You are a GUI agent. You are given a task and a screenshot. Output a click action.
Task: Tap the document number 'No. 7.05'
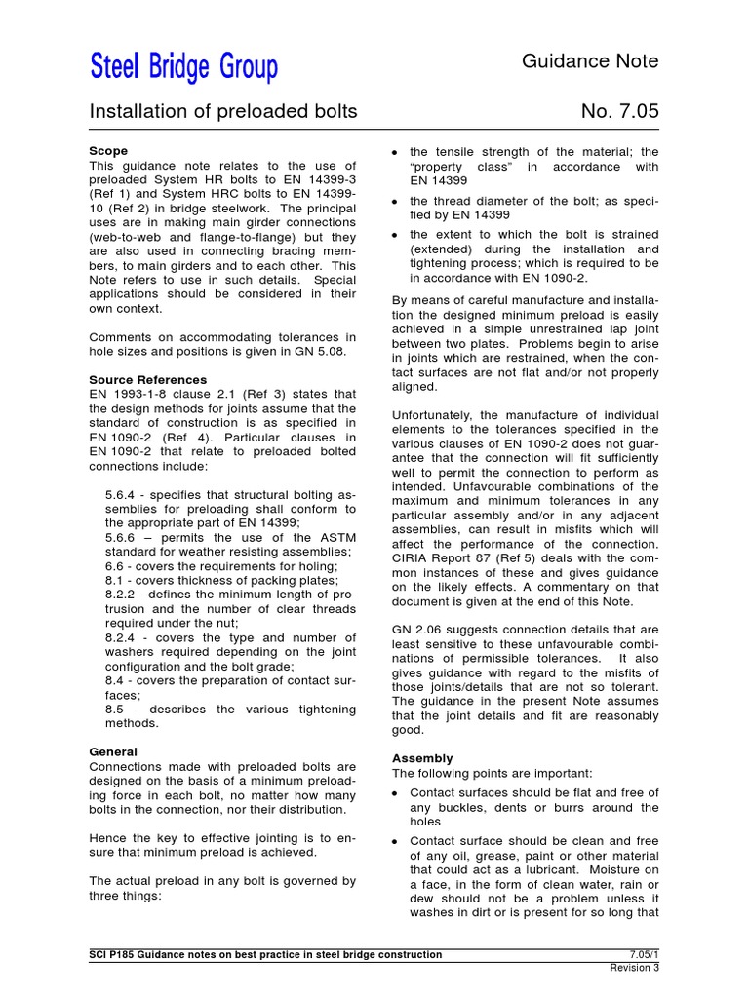619,112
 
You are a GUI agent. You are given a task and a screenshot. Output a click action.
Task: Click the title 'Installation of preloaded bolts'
223,112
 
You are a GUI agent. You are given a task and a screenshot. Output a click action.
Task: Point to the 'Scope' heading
108,152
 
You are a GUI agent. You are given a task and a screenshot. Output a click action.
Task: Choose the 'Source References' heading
148,379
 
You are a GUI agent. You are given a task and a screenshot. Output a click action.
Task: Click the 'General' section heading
113,751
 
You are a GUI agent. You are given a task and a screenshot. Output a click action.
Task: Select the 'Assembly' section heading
422,758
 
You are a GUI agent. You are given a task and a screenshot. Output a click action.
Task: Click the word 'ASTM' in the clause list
334,537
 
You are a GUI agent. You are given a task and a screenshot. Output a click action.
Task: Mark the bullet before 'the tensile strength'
394,153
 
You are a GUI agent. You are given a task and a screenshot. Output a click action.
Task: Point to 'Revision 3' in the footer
634,968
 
